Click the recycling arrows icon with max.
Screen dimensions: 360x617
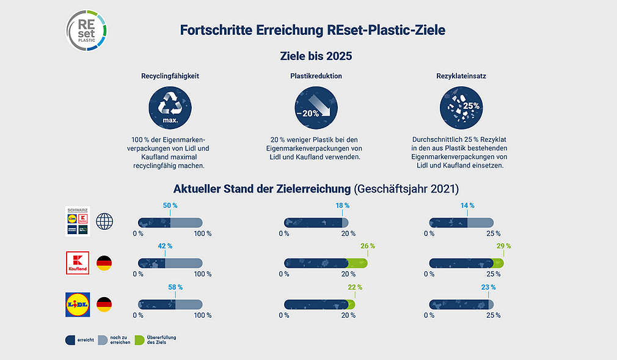coord(170,108)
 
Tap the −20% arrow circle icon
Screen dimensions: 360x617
coord(316,108)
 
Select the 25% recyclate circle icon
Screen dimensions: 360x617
coord(462,108)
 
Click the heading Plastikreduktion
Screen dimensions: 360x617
coord(316,76)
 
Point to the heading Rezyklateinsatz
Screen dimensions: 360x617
coord(462,76)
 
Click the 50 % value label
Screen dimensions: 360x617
coord(170,206)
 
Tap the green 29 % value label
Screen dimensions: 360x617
coord(503,246)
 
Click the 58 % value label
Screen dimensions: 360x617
coord(175,287)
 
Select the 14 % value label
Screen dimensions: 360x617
coord(467,206)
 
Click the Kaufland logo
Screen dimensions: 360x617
coord(78,262)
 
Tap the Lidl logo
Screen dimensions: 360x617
coord(78,303)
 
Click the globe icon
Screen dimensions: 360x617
coord(105,221)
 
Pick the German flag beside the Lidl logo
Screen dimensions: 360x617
coord(104,303)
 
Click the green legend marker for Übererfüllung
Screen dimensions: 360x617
coord(139,340)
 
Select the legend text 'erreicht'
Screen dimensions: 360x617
coord(86,340)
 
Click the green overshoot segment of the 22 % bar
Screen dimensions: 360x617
coord(351,304)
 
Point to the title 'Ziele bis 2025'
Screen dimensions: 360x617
coord(315,56)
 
